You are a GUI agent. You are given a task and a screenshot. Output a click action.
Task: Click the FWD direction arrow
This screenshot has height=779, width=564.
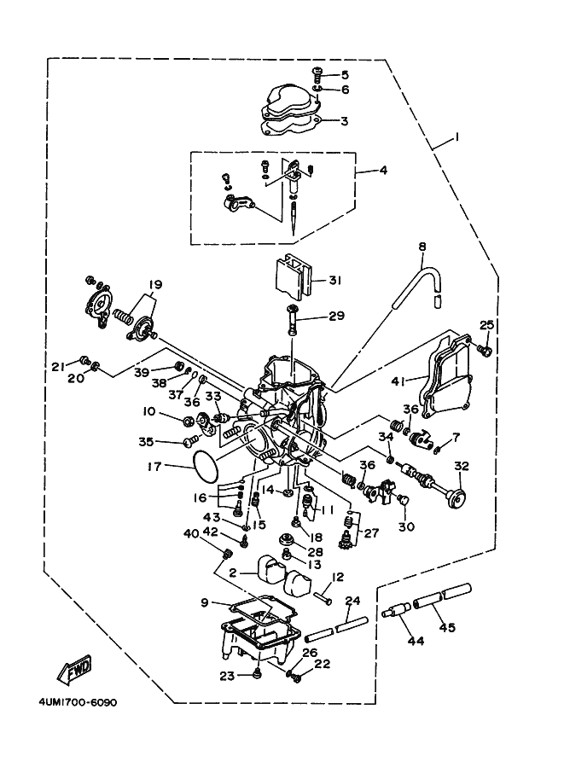pyautogui.click(x=74, y=669)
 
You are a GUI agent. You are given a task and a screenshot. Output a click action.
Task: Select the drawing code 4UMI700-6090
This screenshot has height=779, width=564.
pyautogui.click(x=78, y=703)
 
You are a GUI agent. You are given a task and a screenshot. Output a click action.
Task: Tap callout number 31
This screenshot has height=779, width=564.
pyautogui.click(x=335, y=281)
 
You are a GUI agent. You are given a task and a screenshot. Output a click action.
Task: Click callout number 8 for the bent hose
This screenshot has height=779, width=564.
pyautogui.click(x=423, y=247)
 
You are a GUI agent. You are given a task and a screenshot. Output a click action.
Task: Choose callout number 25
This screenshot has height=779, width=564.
pyautogui.click(x=487, y=325)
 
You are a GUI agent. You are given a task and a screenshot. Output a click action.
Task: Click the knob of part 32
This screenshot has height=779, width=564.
pyautogui.click(x=457, y=498)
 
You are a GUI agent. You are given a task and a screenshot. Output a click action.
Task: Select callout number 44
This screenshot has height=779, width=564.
pyautogui.click(x=416, y=642)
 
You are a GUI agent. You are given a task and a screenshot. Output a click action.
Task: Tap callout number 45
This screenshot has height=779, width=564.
pyautogui.click(x=448, y=628)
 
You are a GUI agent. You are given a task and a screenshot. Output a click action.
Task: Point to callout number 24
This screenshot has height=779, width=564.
pyautogui.click(x=352, y=601)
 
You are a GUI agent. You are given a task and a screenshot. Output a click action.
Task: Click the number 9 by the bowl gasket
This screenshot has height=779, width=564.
pyautogui.click(x=205, y=603)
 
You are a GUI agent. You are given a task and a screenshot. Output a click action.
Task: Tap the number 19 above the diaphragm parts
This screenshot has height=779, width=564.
pyautogui.click(x=154, y=285)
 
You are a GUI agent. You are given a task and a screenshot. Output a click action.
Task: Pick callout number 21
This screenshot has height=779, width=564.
pyautogui.click(x=59, y=367)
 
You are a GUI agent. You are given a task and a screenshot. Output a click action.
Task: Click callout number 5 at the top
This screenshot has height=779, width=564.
pyautogui.click(x=345, y=75)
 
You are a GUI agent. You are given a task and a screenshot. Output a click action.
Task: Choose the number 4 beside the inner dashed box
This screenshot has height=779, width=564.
pyautogui.click(x=383, y=171)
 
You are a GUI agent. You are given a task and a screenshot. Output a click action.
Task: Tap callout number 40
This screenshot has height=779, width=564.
pyautogui.click(x=191, y=534)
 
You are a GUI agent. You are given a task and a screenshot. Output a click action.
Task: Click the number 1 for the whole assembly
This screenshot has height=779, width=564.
pyautogui.click(x=457, y=137)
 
